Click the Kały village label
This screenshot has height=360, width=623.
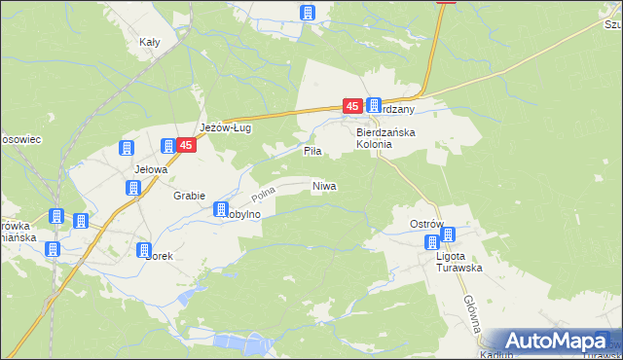[149, 42]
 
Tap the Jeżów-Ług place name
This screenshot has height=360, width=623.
[226, 127]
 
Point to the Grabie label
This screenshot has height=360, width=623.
[189, 195]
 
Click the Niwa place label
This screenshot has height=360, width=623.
[324, 185]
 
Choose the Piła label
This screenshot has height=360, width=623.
[311, 152]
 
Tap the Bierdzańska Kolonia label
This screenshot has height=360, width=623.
[387, 137]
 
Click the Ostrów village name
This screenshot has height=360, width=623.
[425, 224]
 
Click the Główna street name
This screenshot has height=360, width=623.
[471, 313]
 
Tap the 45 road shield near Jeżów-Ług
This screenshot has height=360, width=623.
[188, 145]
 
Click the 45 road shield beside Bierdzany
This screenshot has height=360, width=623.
[351, 105]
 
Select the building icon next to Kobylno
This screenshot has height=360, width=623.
[221, 209]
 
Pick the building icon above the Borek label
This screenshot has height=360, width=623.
[144, 248]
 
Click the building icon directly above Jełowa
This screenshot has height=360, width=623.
[126, 149]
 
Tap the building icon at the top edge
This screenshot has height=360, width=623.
[308, 13]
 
